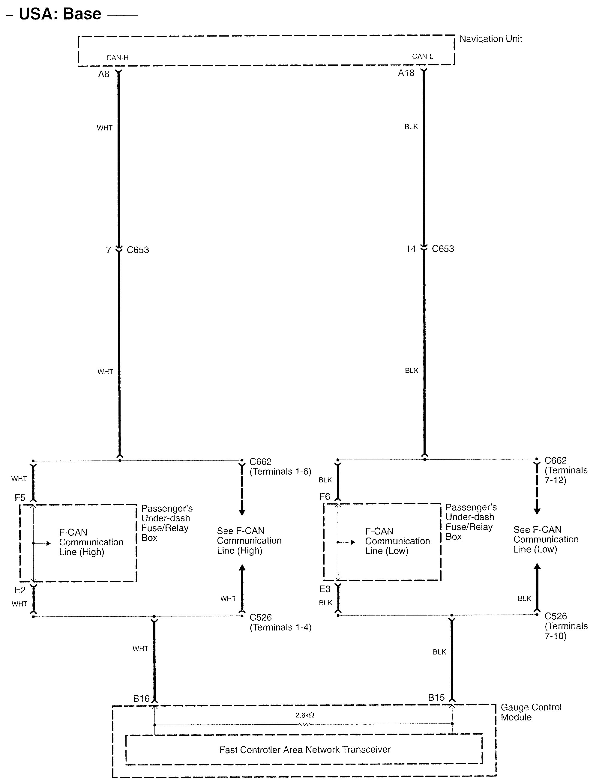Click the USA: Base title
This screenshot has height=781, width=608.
click(x=60, y=14)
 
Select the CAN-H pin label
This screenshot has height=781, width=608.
click(x=117, y=58)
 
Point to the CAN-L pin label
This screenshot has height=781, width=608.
click(x=422, y=56)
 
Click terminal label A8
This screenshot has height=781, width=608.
click(x=104, y=74)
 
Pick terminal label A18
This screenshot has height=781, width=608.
click(x=406, y=73)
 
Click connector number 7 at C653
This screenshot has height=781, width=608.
click(x=108, y=250)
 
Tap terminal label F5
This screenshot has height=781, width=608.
click(x=20, y=498)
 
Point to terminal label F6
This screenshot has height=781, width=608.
click(x=325, y=496)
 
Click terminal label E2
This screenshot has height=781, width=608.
click(x=20, y=590)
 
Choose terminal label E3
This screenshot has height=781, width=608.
click(x=325, y=589)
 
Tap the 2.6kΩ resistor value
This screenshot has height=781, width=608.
click(x=304, y=715)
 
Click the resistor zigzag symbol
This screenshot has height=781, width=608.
click(x=304, y=725)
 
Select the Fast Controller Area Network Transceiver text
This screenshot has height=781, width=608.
click(x=305, y=750)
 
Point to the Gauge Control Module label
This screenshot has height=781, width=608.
click(x=531, y=712)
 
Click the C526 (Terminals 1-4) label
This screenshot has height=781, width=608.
click(x=280, y=622)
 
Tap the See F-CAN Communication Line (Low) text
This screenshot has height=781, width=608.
click(x=546, y=539)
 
